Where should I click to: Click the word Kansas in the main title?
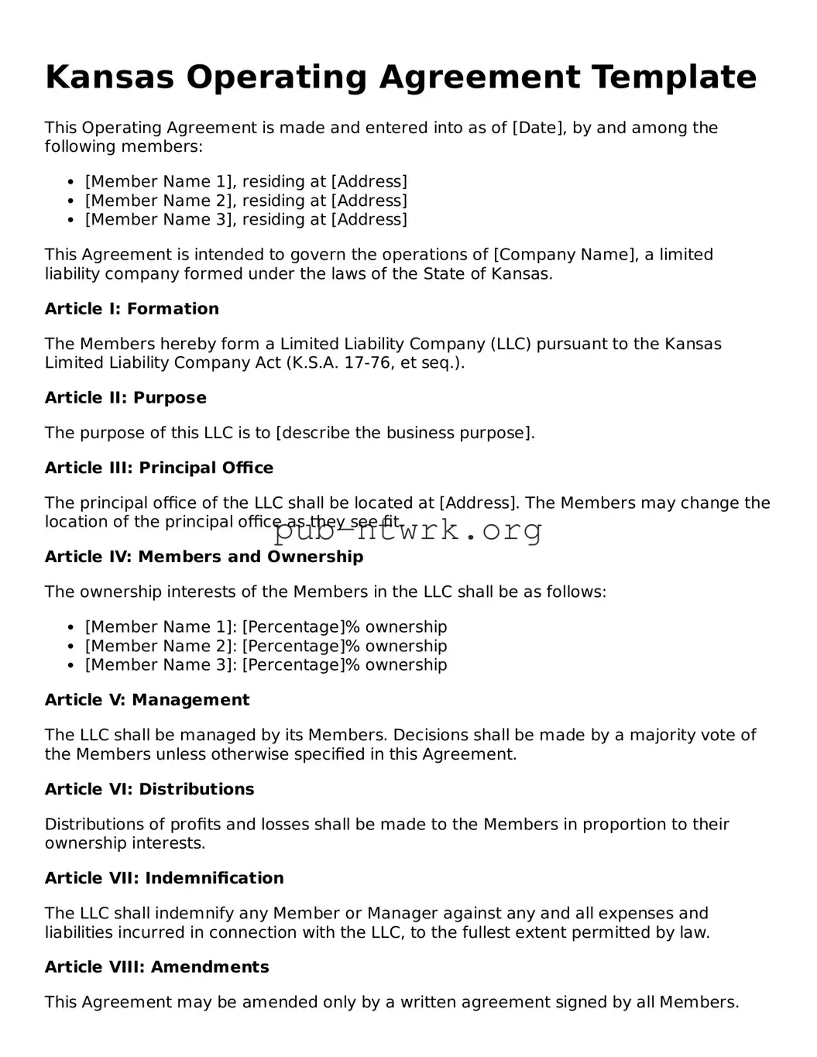109,77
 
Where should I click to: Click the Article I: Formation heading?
132,309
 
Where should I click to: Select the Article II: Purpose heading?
125,398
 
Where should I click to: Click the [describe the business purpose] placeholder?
405,433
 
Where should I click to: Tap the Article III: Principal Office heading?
159,468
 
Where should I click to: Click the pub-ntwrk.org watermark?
408,531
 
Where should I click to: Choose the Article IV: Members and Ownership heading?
204,557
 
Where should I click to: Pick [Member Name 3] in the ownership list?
161,665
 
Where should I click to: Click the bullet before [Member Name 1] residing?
70,182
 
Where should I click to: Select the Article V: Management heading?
147,700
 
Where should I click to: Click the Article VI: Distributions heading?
149,789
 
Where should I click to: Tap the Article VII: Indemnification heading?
164,878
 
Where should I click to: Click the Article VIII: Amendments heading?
156,967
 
